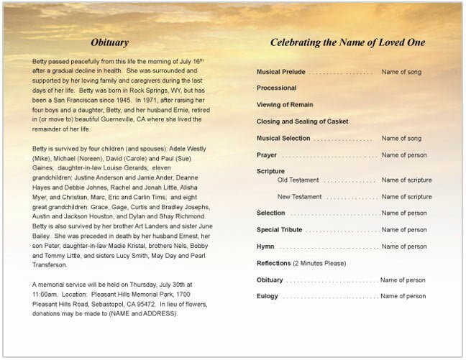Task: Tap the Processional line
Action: click(x=276, y=88)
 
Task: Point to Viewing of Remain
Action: click(x=285, y=105)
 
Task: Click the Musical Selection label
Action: click(x=284, y=138)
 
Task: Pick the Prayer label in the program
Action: click(x=267, y=154)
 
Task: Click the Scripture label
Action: click(x=271, y=171)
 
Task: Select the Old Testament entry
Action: click(x=298, y=180)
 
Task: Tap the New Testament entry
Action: click(x=299, y=196)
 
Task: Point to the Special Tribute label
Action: click(x=280, y=230)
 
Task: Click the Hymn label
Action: click(x=265, y=246)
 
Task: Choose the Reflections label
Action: click(x=274, y=263)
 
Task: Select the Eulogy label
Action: click(x=268, y=296)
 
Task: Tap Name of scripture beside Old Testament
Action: click(x=407, y=180)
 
